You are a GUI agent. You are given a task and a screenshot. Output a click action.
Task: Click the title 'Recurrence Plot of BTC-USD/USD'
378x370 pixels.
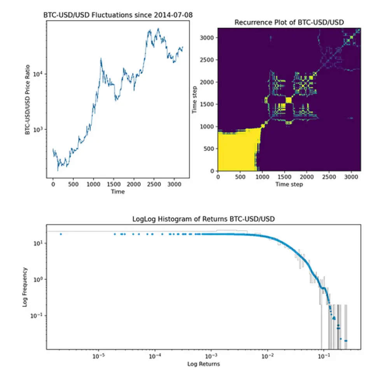pyautogui.click(x=289, y=23)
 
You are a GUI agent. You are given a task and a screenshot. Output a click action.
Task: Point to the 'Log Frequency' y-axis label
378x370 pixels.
pyautogui.click(x=25, y=287)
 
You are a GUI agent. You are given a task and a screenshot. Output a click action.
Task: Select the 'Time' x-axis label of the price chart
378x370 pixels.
pyautogui.click(x=118, y=191)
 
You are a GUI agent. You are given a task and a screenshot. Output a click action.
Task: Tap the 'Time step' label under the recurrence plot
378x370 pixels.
pyautogui.click(x=289, y=184)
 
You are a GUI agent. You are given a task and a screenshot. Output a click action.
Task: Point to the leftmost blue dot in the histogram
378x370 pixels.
pyautogui.click(x=61, y=234)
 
